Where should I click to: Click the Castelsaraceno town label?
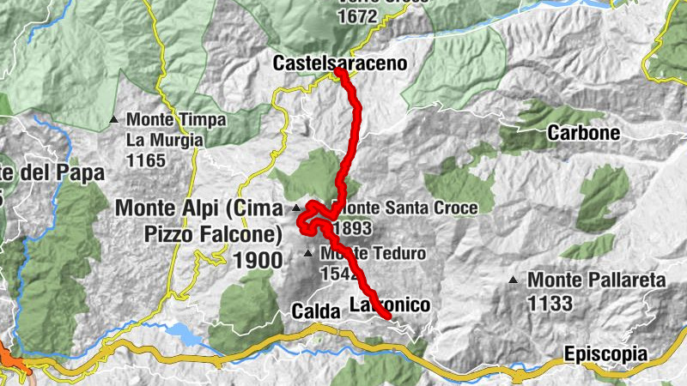[339, 63]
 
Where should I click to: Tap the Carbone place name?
[584, 133]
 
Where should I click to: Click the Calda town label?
[316, 311]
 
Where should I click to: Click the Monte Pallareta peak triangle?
[514, 280]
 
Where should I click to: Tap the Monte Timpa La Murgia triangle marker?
[113, 119]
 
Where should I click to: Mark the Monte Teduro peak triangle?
[308, 253]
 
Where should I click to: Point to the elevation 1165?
[145, 160]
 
